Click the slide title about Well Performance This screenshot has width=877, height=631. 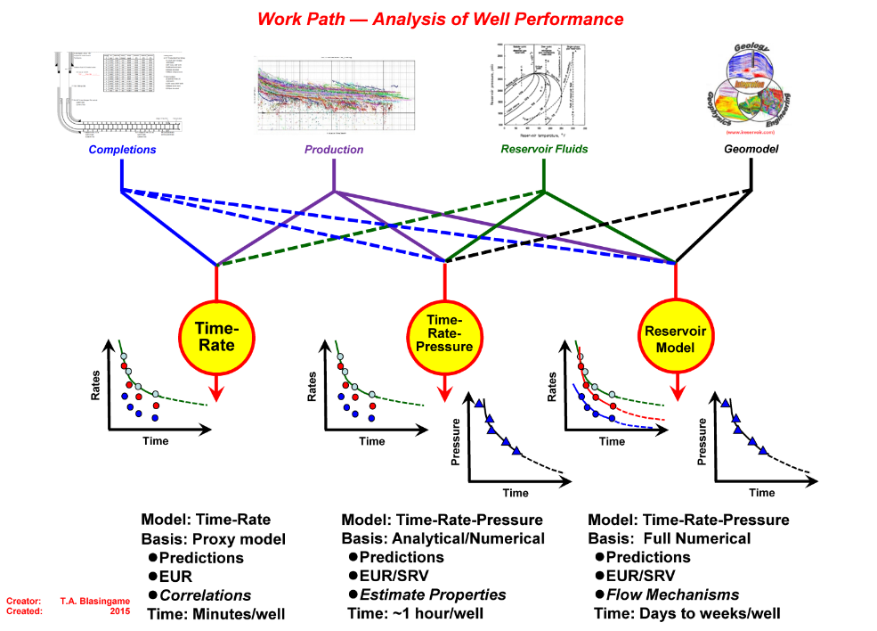(x=440, y=19)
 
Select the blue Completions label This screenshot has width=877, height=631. (x=122, y=150)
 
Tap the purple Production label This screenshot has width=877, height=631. (x=334, y=150)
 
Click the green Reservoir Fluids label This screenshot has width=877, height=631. (x=545, y=150)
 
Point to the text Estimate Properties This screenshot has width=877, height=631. (x=433, y=594)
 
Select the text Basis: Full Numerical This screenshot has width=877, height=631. (x=670, y=538)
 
